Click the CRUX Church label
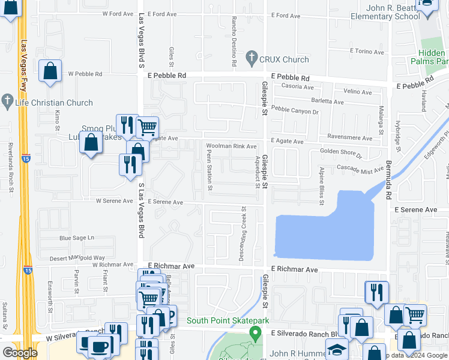(x=284, y=59)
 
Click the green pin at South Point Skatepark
(x=256, y=333)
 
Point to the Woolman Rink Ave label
(x=231, y=146)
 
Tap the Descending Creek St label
(x=244, y=230)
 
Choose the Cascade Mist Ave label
(x=360, y=170)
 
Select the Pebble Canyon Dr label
(x=295, y=111)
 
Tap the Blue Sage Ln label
(x=77, y=238)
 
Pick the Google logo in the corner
(x=20, y=353)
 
